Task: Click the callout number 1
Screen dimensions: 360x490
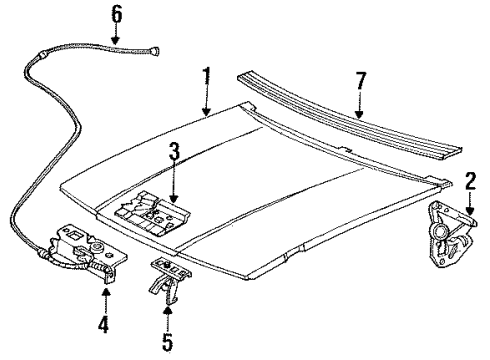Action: click(205, 76)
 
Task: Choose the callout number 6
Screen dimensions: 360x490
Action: click(115, 13)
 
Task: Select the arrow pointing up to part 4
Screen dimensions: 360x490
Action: click(104, 300)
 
